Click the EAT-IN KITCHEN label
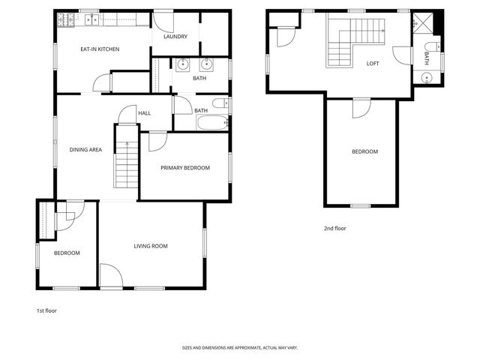coord(100,49)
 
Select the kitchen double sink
coord(93,19)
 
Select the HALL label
coord(144,113)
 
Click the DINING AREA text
coord(85,150)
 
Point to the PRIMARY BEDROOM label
coord(184,168)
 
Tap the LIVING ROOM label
coord(150,246)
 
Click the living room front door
coord(110,276)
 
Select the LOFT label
coord(373,63)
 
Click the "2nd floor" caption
coord(334,228)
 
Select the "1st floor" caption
coord(46,310)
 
